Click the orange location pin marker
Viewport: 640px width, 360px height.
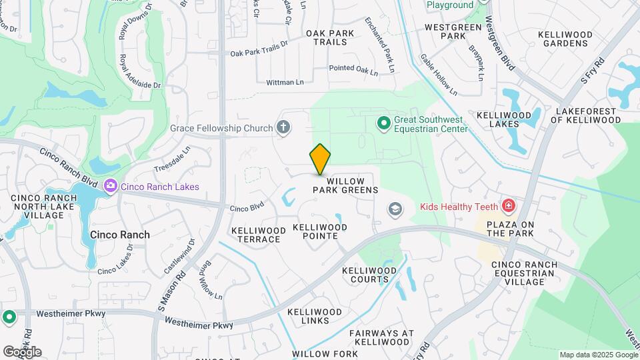(321, 159)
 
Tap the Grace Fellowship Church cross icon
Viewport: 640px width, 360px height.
(283, 127)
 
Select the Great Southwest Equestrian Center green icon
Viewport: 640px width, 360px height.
(383, 123)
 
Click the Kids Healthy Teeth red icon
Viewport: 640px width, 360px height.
(509, 206)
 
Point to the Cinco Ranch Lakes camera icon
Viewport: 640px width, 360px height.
(111, 187)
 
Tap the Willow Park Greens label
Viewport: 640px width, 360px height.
(345, 185)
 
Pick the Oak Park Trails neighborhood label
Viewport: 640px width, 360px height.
(327, 37)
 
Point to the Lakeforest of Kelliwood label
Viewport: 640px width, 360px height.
(585, 115)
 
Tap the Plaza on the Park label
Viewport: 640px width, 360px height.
(510, 229)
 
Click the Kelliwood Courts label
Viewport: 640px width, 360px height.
(369, 275)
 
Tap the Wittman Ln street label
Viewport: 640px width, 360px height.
(285, 82)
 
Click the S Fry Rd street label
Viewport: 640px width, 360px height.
(592, 70)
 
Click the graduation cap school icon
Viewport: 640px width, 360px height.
(395, 210)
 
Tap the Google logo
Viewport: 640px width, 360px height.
(22, 351)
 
